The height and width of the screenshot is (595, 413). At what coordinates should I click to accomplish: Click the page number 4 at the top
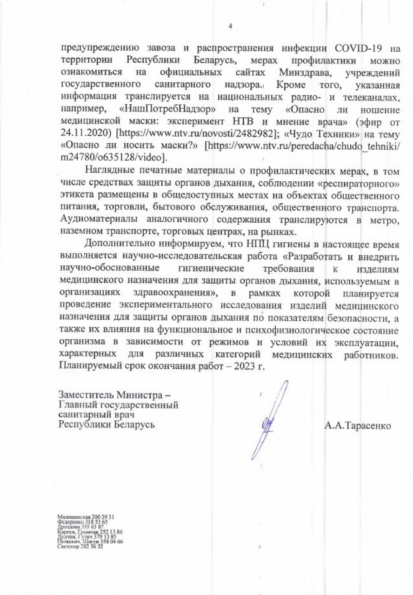(230, 26)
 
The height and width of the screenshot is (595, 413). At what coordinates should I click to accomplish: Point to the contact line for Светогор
(80, 547)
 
